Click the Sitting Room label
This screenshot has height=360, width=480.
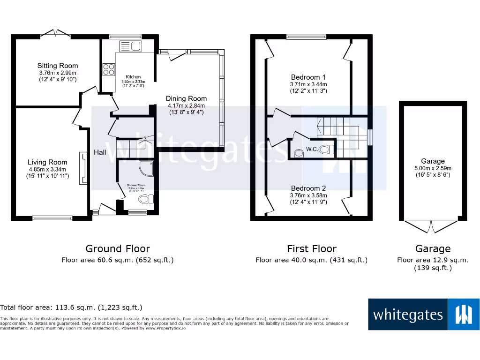tap(58, 66)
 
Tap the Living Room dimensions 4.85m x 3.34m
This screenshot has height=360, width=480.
tap(46, 170)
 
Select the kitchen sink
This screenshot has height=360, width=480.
tap(131, 46)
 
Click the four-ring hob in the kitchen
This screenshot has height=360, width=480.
tap(109, 69)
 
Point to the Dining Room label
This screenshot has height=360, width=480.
tap(186, 98)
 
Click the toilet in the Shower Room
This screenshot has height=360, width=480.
tap(146, 200)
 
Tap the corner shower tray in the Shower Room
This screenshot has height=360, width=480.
tap(146, 168)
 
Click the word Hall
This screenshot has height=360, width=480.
tap(100, 152)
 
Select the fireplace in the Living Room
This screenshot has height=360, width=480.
tap(83, 167)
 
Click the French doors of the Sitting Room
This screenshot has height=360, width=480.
tap(55, 33)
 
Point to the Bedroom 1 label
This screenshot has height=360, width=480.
tap(308, 77)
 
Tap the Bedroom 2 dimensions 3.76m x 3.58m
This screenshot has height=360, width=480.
tap(308, 195)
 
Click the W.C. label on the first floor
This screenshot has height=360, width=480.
tap(313, 150)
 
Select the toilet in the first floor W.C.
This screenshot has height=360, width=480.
tap(330, 150)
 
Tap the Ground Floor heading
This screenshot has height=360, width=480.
tap(118, 248)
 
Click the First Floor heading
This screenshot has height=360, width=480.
tap(312, 248)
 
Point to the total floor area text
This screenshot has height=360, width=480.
tap(71, 307)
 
